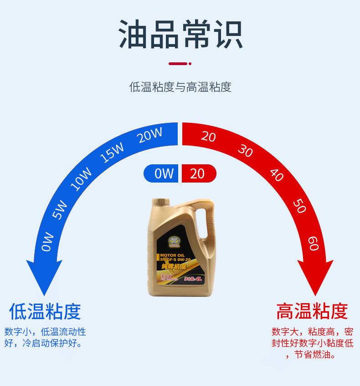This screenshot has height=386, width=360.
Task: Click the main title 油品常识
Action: tap(180, 34)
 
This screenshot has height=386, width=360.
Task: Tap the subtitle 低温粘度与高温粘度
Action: tap(180, 87)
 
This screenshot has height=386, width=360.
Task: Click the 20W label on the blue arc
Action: tap(150, 136)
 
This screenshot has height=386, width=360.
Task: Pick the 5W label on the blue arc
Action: tap(60, 210)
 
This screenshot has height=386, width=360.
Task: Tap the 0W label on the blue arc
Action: tap(48, 242)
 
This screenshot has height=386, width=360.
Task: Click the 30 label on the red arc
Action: tap(245, 151)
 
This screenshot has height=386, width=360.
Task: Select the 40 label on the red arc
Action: tap(277, 175)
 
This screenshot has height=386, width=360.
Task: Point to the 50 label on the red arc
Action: tap(299, 206)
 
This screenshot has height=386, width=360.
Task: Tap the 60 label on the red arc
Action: tap(313, 243)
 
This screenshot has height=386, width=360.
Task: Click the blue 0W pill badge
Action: tap(163, 173)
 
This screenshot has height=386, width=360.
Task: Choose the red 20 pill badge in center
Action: tap(199, 173)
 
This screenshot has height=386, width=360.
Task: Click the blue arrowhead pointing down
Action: tap(44, 278)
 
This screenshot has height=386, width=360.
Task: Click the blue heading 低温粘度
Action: tap(45, 312)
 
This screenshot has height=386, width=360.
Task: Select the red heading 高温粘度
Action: tap(312, 312)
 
